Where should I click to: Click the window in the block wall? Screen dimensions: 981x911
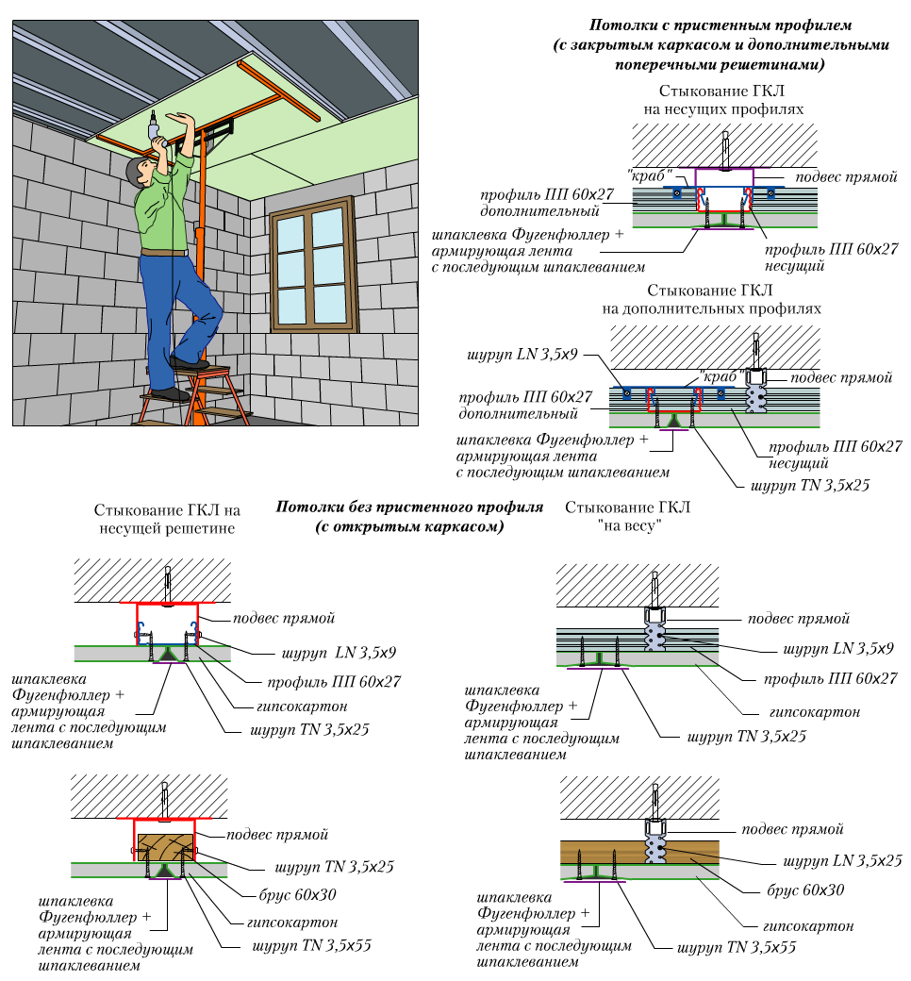pos(312,264)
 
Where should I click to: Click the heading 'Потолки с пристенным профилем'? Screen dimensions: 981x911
pos(721,25)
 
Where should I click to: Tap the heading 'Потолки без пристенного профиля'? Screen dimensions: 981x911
pos(409,507)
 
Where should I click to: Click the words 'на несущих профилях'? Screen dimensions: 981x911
pos(723,108)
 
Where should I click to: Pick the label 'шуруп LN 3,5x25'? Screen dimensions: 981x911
pos(843,861)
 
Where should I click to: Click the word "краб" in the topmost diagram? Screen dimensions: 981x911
pos(648,175)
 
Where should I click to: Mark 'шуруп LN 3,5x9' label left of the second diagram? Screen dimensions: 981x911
pos(522,357)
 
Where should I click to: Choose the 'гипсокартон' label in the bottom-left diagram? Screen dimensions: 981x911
pos(292,922)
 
